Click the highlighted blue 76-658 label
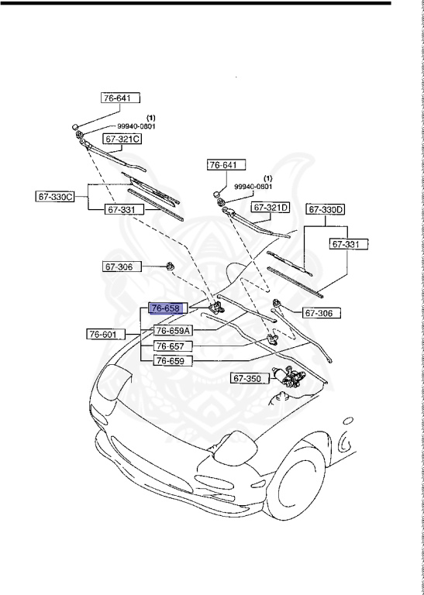(164, 308)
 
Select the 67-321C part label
(123, 139)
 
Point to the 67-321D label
(270, 208)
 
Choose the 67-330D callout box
(326, 209)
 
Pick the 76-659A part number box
(172, 330)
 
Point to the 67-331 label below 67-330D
(348, 244)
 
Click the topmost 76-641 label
(121, 98)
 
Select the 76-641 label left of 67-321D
(226, 165)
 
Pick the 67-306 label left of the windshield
(119, 267)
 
